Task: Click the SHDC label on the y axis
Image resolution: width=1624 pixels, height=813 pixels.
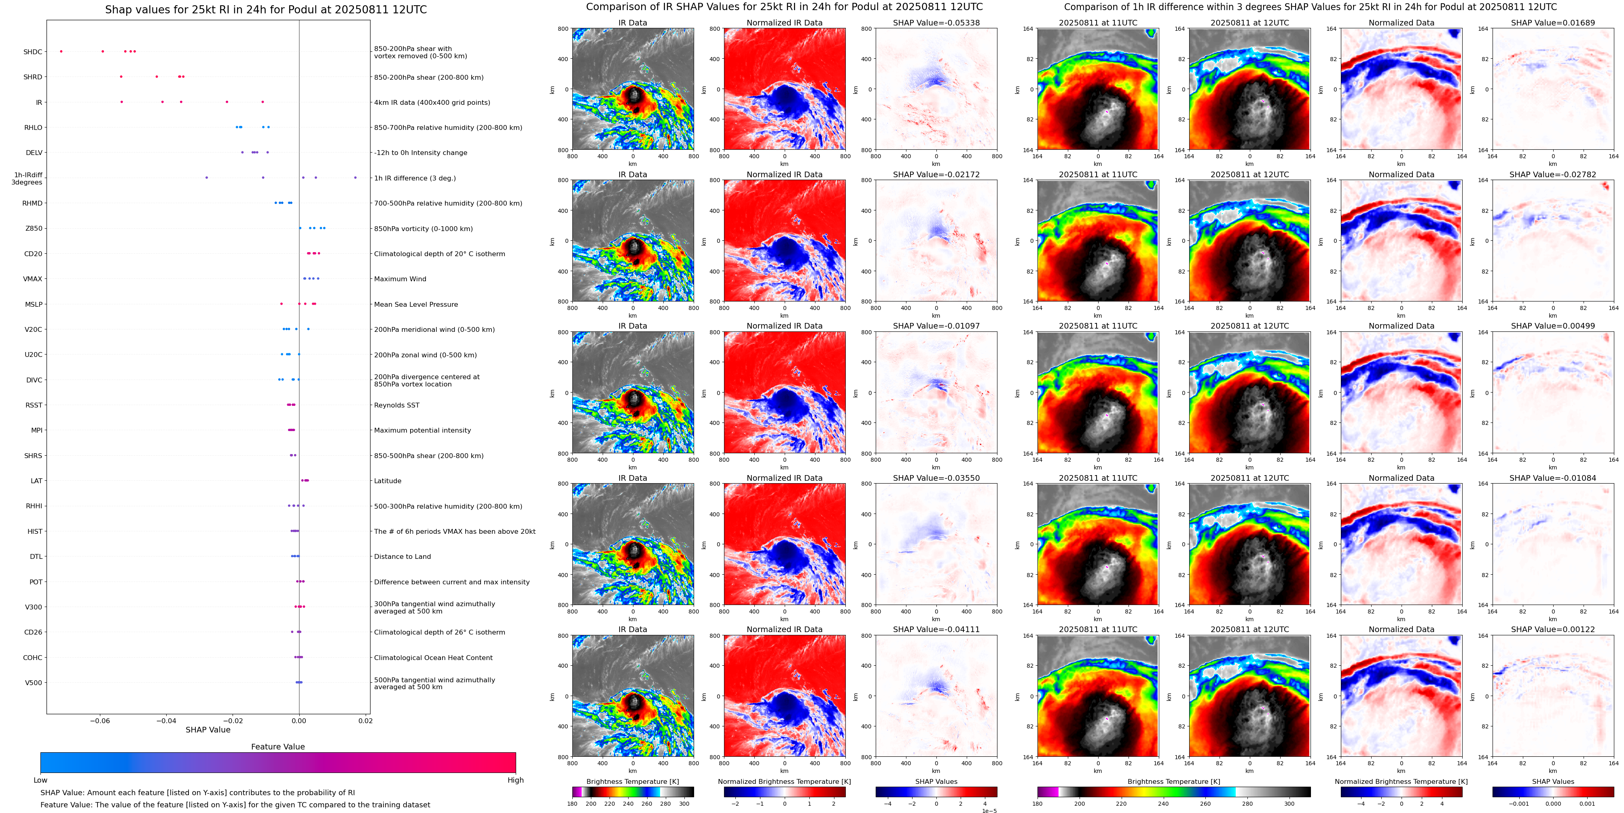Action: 33,52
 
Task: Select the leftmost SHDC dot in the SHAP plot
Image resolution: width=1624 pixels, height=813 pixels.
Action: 61,51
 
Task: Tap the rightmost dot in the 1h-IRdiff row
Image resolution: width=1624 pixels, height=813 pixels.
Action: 356,178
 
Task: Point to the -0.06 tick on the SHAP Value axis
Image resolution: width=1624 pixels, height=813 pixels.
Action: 100,720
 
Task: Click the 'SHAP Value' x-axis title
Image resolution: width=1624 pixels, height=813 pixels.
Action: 208,730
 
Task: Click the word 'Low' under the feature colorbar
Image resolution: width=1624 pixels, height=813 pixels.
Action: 40,780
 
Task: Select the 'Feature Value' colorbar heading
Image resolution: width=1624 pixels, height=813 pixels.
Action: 278,747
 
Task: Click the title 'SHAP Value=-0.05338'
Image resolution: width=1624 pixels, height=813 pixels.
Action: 936,23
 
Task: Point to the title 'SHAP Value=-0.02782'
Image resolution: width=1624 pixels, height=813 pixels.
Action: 1553,175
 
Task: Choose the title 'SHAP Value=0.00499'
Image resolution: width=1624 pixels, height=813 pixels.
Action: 1553,326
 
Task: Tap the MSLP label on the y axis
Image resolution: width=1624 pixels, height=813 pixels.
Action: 34,304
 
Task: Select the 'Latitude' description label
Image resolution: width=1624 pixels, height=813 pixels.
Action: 388,481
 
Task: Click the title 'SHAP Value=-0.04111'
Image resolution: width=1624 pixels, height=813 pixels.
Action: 936,629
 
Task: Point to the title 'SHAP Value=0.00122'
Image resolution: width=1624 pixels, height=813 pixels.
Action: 1553,629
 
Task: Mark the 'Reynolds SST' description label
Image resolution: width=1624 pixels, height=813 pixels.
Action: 396,405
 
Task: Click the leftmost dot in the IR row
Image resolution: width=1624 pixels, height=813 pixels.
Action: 122,102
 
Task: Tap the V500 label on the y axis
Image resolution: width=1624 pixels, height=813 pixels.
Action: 34,682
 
